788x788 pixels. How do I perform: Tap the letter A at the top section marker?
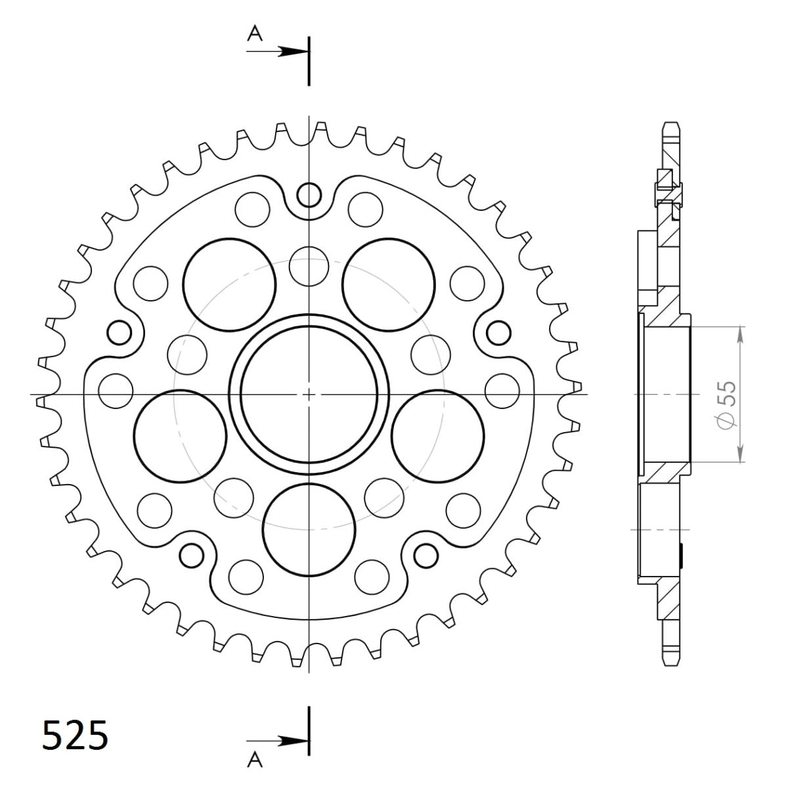(255, 34)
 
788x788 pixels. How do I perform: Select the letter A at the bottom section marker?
(255, 760)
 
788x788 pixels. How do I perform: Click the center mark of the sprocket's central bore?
(309, 395)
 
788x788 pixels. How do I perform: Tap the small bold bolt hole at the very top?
(309, 194)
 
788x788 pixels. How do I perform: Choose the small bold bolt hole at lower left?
(192, 556)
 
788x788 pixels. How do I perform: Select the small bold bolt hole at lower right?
(426, 556)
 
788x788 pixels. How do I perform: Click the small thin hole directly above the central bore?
(309, 266)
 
